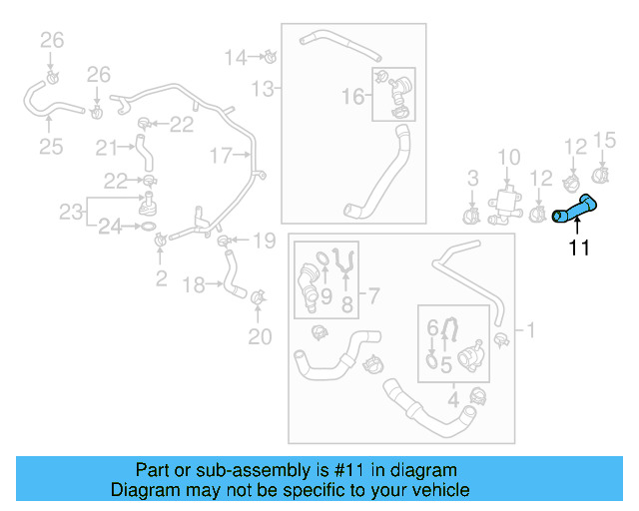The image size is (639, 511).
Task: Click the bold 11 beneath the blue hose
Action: (580, 248)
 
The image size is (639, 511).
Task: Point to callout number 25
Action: (51, 147)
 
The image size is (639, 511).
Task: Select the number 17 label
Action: (221, 155)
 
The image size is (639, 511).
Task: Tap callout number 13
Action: (262, 90)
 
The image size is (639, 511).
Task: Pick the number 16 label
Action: (353, 96)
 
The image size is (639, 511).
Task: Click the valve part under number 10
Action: (506, 201)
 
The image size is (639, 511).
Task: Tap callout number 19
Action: (263, 240)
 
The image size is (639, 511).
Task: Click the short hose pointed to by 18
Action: (234, 275)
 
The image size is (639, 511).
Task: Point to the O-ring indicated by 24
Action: (147, 228)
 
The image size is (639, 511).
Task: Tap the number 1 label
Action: (529, 329)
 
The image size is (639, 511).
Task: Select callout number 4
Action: (453, 401)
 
